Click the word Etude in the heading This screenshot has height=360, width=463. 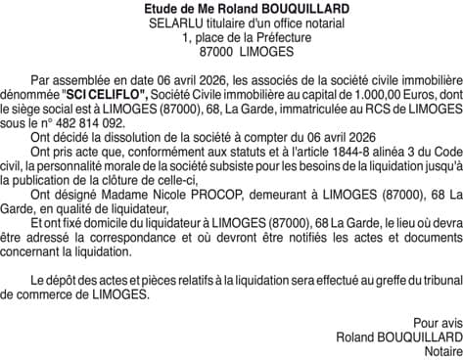tap(163, 9)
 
